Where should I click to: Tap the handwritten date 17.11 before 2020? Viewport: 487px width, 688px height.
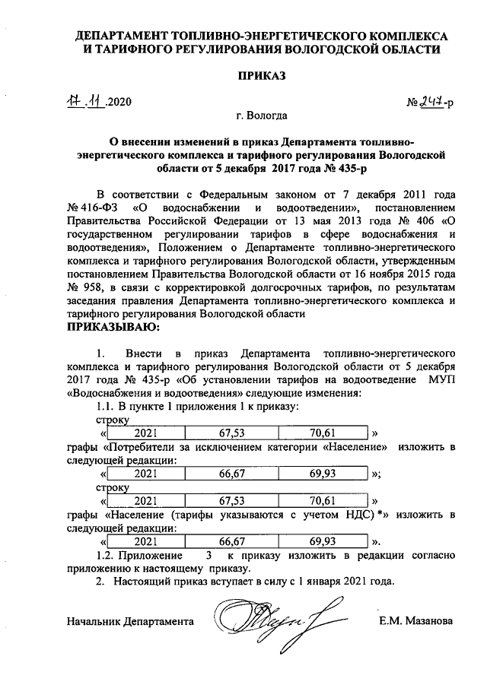[x=86, y=103]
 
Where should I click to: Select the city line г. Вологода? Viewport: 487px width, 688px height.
[x=262, y=117]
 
